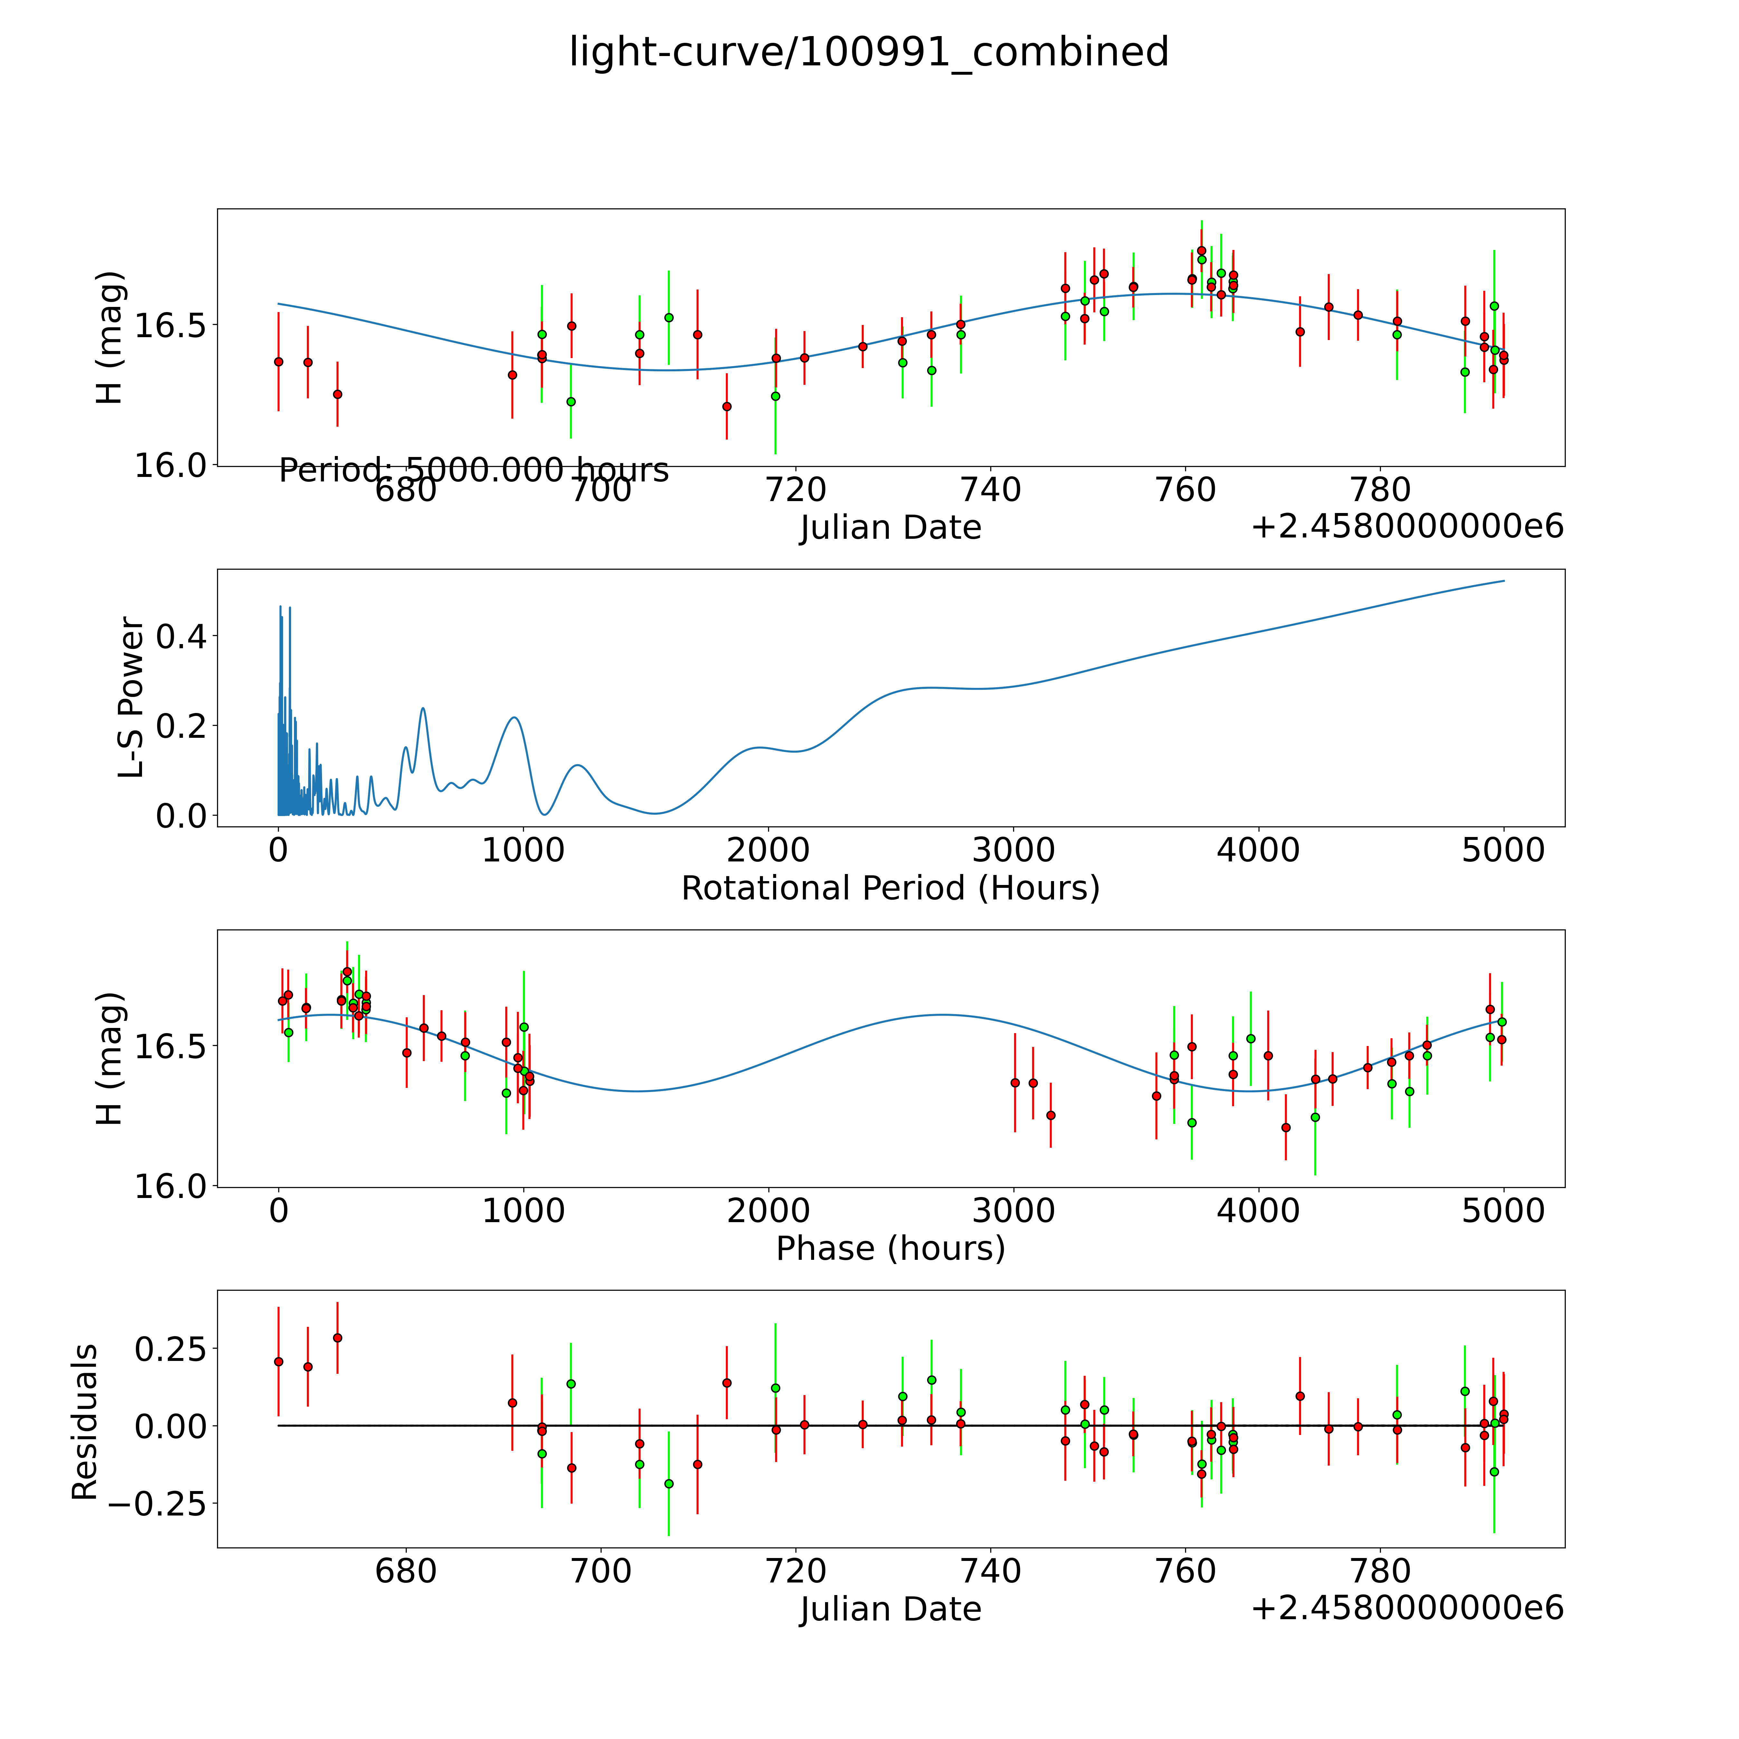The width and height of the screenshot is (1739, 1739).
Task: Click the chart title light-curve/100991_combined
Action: pyautogui.click(x=869, y=52)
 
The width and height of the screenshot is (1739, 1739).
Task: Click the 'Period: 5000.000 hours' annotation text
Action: pyautogui.click(x=473, y=470)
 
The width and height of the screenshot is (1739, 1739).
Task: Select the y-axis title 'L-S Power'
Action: pyautogui.click(x=131, y=698)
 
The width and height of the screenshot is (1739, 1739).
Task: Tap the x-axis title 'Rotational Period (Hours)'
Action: pyautogui.click(x=890, y=889)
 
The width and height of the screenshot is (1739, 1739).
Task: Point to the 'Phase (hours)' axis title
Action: pyautogui.click(x=890, y=1249)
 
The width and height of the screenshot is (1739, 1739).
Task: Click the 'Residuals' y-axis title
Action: pyautogui.click(x=85, y=1422)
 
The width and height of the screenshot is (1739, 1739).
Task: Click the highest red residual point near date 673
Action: pyautogui.click(x=337, y=1337)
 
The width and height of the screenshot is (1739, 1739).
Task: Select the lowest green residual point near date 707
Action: pyautogui.click(x=669, y=1483)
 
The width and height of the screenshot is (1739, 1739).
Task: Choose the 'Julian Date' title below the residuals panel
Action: pyautogui.click(x=890, y=1610)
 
